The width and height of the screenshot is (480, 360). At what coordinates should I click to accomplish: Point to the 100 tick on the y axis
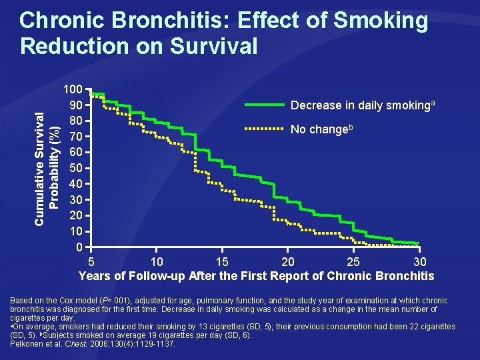tap(73, 89)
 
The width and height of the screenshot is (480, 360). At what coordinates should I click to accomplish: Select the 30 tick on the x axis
tap(419, 261)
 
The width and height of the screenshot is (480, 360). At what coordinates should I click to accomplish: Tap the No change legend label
tap(319, 129)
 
